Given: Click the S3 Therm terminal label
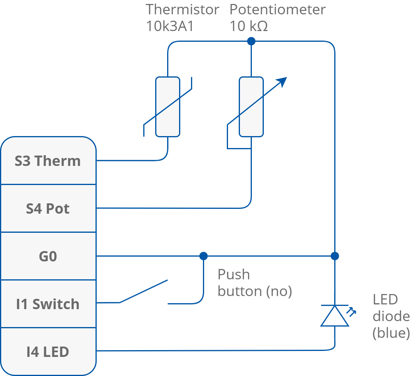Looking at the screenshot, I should (x=48, y=161).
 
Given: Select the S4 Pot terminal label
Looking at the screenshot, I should (x=48, y=209).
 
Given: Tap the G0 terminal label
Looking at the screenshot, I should (x=48, y=257).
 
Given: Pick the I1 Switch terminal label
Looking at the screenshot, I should (x=48, y=304).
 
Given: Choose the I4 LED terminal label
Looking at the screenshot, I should (x=48, y=352).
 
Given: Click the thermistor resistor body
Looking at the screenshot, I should (x=168, y=107).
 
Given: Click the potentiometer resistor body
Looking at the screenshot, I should (x=251, y=107).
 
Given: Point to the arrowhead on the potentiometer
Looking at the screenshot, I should (x=282, y=81).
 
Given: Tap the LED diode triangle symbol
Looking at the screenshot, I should (x=335, y=317).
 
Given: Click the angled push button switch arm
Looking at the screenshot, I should (x=143, y=292).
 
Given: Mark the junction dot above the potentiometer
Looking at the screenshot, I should (x=251, y=41).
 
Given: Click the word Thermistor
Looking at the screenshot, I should (x=182, y=9).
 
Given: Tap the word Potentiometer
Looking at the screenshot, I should (x=277, y=9).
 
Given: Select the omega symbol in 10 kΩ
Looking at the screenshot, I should (x=263, y=27).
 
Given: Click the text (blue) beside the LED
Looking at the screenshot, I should (x=391, y=333).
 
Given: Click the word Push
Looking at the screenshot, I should (x=234, y=275).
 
